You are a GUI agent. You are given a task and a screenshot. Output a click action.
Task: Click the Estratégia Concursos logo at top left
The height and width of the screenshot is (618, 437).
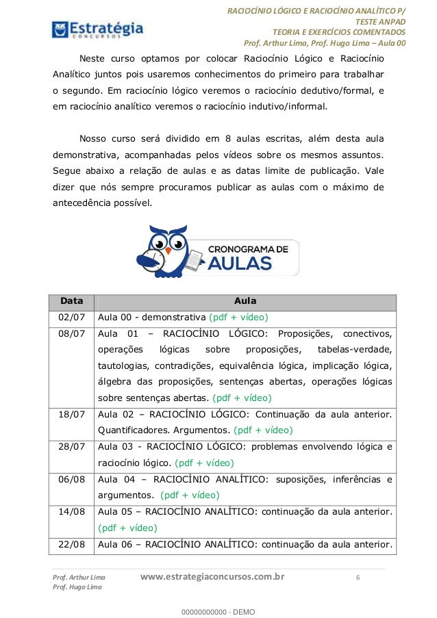[x=97, y=29]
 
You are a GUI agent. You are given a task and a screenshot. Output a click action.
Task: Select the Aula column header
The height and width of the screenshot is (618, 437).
[x=245, y=300]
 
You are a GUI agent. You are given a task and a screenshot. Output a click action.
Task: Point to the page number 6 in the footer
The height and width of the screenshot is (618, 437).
[x=358, y=578]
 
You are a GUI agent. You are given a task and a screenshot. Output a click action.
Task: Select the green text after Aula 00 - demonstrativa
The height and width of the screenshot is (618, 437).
[x=238, y=317]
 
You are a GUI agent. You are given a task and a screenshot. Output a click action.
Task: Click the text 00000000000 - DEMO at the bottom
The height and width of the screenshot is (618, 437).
[x=218, y=610]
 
